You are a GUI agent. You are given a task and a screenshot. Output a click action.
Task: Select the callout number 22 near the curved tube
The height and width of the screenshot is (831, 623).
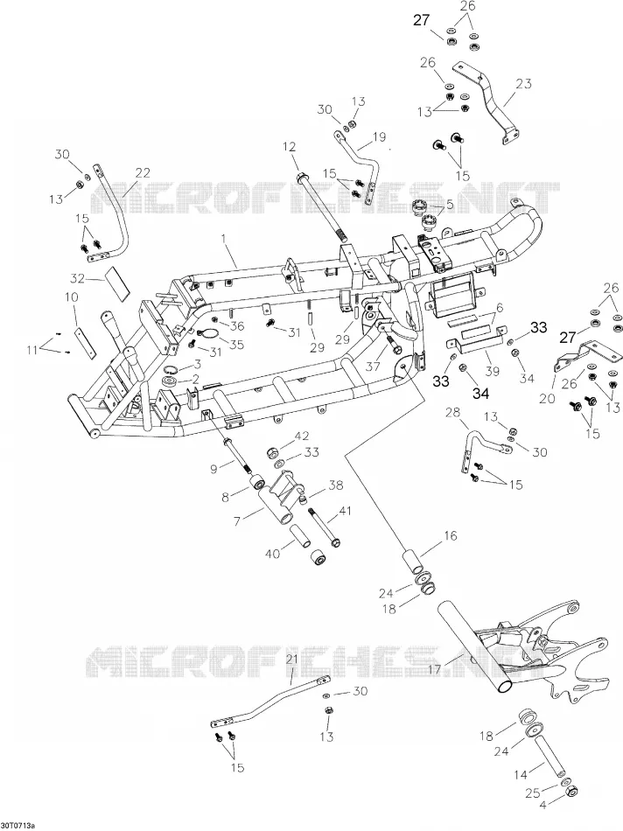pyautogui.click(x=143, y=173)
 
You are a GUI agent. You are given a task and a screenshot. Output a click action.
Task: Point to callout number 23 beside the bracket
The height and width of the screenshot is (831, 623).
pyautogui.click(x=523, y=84)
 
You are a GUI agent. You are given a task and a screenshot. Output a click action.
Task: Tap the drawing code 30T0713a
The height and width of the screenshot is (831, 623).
pyautogui.click(x=17, y=826)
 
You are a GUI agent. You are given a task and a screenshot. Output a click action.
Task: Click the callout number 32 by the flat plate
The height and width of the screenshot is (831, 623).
pyautogui.click(x=77, y=277)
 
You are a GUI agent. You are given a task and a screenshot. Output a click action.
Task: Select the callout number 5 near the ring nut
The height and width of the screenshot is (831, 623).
pyautogui.click(x=450, y=205)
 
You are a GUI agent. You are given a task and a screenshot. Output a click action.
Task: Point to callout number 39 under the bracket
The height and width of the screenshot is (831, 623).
pyautogui.click(x=492, y=371)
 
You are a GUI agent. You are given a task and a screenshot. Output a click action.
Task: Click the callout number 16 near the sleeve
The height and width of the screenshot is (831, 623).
pyautogui.click(x=450, y=536)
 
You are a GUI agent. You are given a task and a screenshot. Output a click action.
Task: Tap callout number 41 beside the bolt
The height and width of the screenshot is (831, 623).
pyautogui.click(x=345, y=512)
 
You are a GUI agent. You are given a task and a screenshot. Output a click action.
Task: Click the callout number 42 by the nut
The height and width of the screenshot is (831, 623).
pyautogui.click(x=302, y=436)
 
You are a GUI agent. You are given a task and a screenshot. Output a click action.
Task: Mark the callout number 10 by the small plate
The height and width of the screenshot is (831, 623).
pyautogui.click(x=72, y=297)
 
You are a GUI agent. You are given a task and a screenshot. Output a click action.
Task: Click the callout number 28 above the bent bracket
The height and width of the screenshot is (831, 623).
pyautogui.click(x=453, y=412)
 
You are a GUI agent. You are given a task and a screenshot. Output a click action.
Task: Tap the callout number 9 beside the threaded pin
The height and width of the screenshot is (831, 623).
pyautogui.click(x=214, y=469)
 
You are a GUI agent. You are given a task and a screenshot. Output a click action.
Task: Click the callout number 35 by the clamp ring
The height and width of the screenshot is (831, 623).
pyautogui.click(x=236, y=345)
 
